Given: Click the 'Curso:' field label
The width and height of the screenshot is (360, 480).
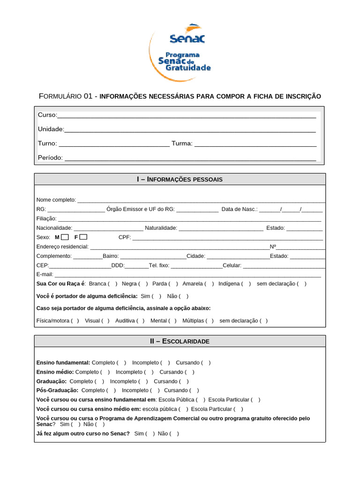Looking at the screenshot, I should (47, 115).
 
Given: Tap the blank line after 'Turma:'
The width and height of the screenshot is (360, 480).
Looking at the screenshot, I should (255, 144).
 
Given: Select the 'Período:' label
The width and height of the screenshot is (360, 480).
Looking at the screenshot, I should (50, 158).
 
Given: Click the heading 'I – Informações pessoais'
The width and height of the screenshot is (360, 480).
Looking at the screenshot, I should (180, 180).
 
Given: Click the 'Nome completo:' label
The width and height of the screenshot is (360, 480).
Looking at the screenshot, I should (56, 200).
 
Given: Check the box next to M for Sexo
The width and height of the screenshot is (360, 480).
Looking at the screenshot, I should (65, 237).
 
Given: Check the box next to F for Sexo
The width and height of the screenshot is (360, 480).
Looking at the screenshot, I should (83, 237).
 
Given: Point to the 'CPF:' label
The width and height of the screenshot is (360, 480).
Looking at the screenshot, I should (124, 237).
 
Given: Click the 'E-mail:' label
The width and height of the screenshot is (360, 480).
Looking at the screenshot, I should (45, 274).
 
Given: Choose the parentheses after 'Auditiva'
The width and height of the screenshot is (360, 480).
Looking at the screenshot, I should (141, 321).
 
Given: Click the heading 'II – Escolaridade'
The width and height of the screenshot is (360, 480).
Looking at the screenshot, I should (180, 341).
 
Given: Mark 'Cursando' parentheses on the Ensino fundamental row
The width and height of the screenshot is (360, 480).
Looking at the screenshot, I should (206, 363).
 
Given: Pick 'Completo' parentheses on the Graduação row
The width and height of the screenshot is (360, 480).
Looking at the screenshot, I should (99, 382).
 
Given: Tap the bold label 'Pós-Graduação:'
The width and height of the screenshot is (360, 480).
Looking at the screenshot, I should (57, 390).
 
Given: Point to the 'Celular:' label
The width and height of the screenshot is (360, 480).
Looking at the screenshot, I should (232, 265).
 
